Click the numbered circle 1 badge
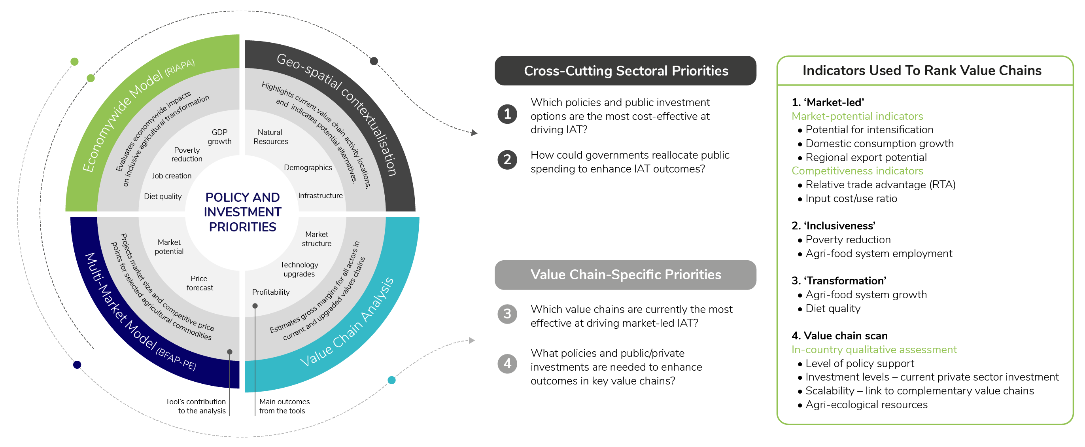click(x=507, y=114)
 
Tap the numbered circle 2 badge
click(x=507, y=160)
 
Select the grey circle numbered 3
click(x=507, y=314)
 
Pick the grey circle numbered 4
click(x=507, y=363)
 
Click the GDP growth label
click(x=219, y=137)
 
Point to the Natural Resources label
click(x=270, y=137)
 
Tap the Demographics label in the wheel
click(x=308, y=168)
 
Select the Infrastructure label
click(x=320, y=195)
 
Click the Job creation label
click(x=172, y=176)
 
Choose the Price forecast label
click(x=200, y=283)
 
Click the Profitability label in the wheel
click(x=271, y=292)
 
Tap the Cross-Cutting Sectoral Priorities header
click(x=626, y=71)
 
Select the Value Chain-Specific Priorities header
click(x=626, y=275)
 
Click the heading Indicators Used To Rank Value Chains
click(x=922, y=70)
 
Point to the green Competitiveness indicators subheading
click(x=857, y=170)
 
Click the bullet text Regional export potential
click(x=866, y=157)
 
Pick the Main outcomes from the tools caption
click(x=284, y=406)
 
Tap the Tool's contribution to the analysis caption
click(x=196, y=406)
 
